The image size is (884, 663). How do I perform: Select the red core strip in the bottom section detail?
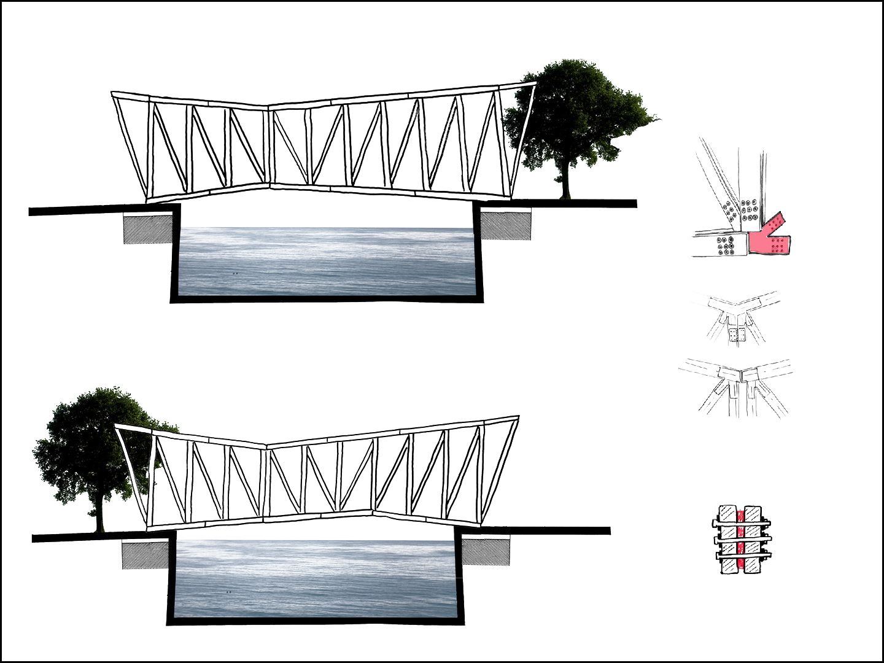[x=740, y=539]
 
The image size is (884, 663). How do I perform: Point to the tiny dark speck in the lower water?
[x=228, y=592]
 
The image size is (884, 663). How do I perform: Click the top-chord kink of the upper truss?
[x=268, y=107]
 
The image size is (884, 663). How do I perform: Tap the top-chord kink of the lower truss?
[x=266, y=446]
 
